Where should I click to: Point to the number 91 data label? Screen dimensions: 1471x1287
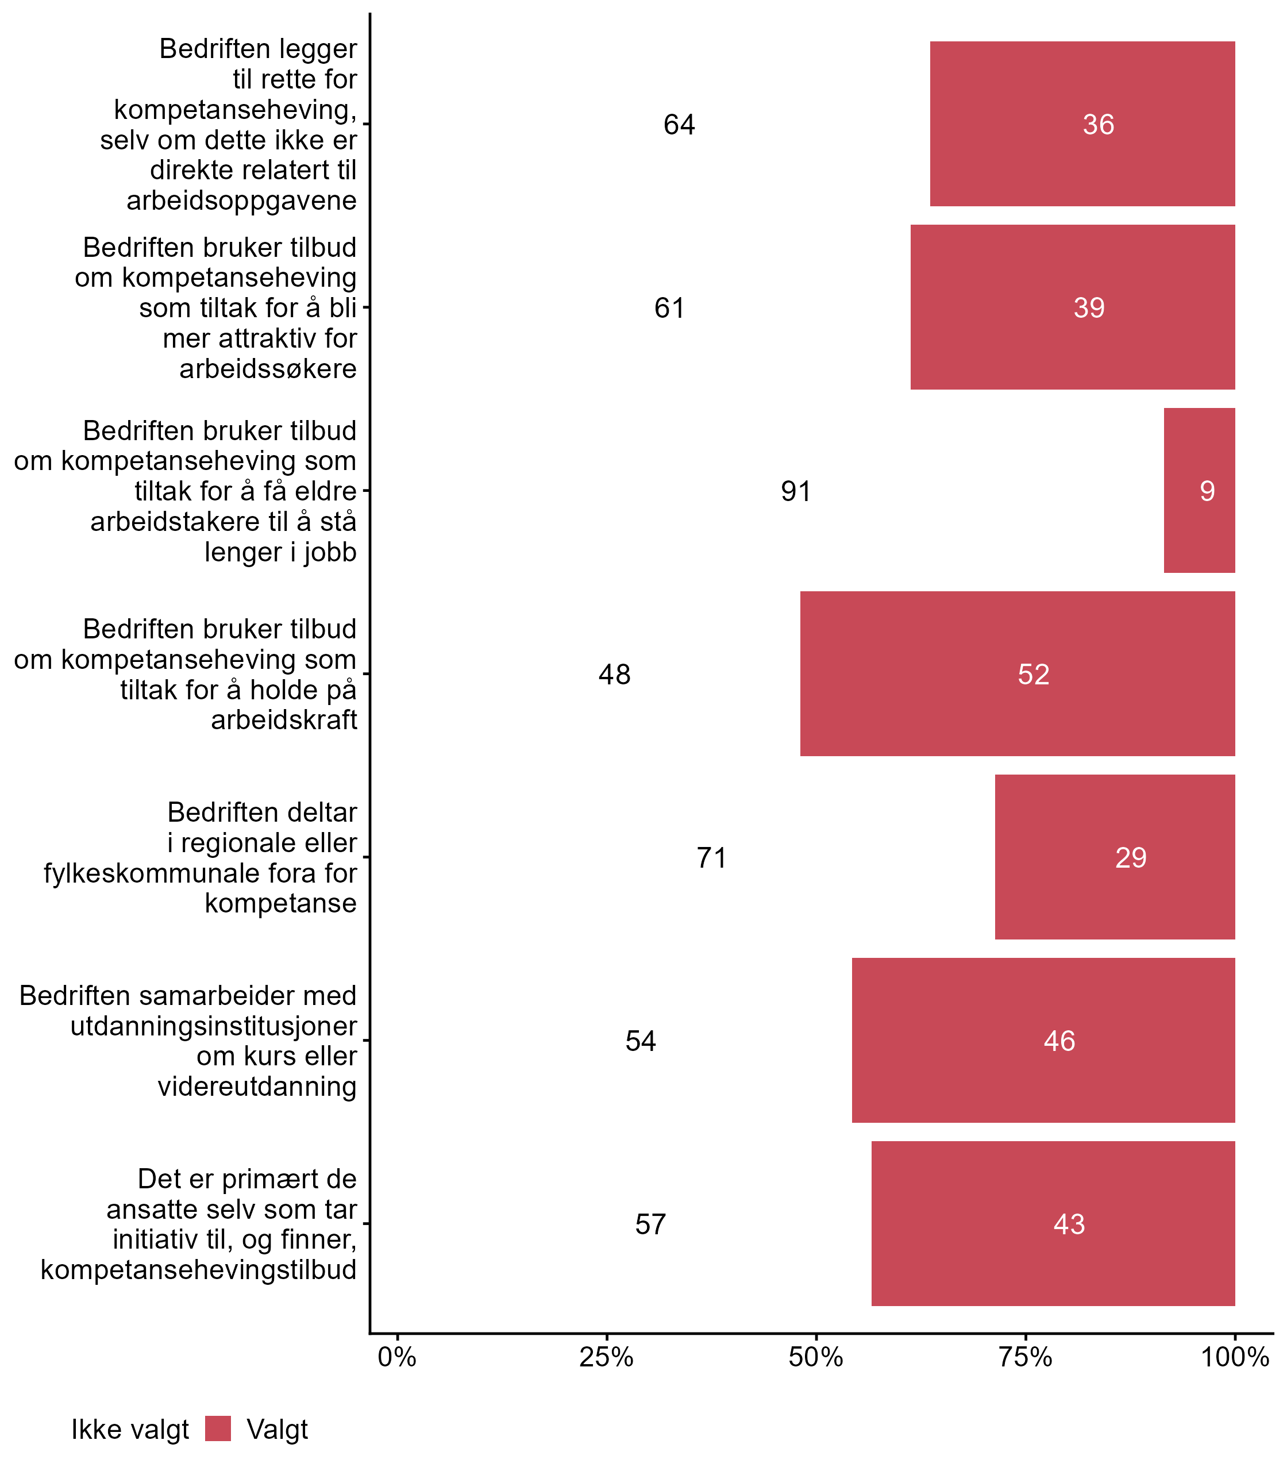tap(796, 491)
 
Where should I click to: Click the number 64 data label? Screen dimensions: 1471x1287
tap(679, 125)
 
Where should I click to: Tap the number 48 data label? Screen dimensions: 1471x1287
tap(614, 675)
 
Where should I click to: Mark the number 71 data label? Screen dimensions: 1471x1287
tap(711, 857)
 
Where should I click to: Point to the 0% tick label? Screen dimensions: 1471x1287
tap(397, 1357)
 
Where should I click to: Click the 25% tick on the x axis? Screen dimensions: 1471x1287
tap(606, 1357)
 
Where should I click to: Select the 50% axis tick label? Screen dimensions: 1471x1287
tap(815, 1357)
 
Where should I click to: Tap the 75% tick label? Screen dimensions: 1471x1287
tap(1025, 1357)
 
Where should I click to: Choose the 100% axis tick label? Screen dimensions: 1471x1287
tap(1234, 1357)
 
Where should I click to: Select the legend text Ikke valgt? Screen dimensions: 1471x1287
tap(130, 1430)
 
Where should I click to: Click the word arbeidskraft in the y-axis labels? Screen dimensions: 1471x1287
tap(284, 719)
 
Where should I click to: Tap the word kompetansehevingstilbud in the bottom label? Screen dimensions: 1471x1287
tap(198, 1269)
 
